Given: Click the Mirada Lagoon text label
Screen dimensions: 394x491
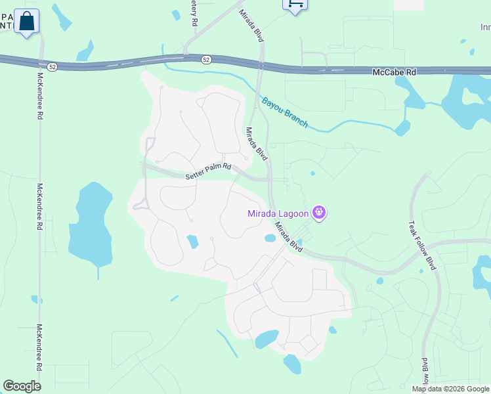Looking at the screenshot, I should click(278, 213).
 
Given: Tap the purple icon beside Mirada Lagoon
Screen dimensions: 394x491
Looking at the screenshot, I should click(320, 212).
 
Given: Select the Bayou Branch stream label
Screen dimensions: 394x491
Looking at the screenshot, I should click(285, 112).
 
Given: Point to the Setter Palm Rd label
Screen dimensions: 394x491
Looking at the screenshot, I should click(209, 171).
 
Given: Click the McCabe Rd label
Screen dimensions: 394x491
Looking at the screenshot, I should click(395, 72).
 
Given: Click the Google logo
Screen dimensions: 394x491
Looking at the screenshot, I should click(22, 386).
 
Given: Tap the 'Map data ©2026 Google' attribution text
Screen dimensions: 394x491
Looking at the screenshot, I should click(450, 389).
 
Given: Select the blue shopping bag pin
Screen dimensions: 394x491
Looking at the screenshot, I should click(27, 21).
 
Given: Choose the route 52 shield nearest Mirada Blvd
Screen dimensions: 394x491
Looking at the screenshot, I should click(206, 60).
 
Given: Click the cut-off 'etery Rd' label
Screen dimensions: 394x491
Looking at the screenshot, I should click(194, 13).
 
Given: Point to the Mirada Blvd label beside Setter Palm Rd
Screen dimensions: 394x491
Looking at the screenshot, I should click(257, 144).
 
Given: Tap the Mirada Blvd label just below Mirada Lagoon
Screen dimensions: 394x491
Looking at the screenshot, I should click(289, 237).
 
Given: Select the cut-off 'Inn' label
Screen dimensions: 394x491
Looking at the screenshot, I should click(485, 28).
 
